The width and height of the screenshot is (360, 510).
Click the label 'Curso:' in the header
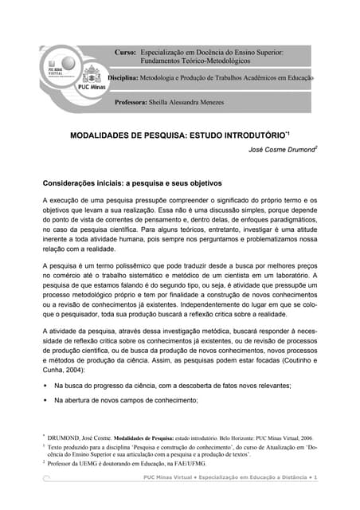point(126,52)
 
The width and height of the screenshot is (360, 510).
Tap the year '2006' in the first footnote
point(306,438)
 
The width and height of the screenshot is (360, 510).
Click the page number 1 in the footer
point(315,477)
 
